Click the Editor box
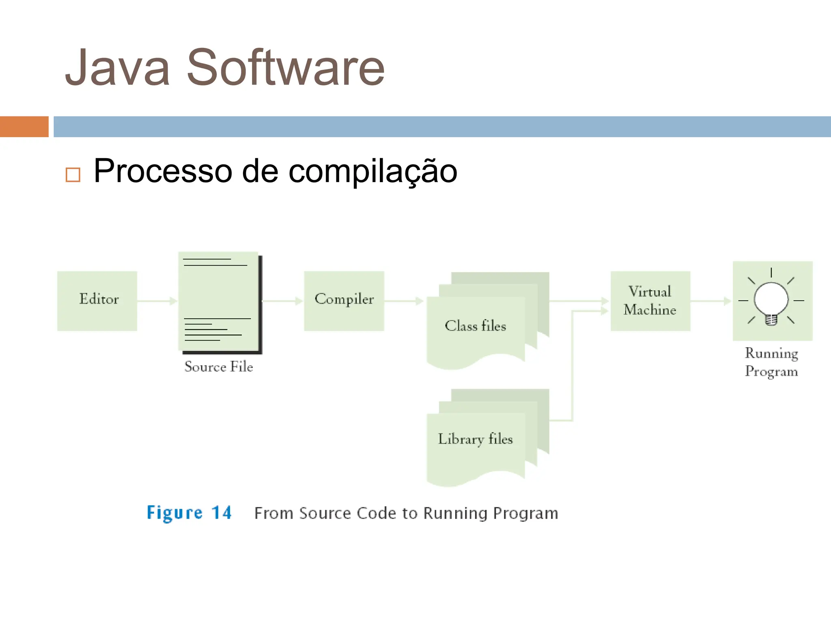97,301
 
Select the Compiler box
344,301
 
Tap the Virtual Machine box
650,301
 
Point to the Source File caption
219,367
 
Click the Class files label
475,326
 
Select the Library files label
475,439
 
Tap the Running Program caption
771,362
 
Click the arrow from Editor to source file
157,301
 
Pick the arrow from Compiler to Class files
404,301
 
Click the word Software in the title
285,68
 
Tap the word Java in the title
117,68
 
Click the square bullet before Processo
73,175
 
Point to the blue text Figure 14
189,513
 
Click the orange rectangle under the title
24,127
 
